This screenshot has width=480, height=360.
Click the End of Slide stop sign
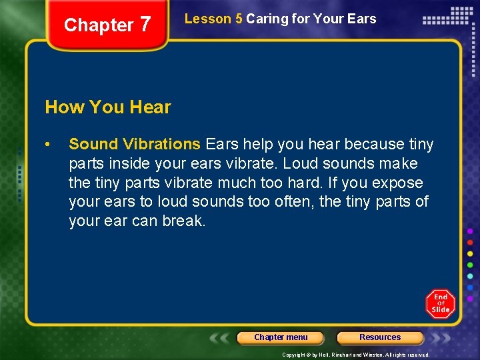pyautogui.click(x=440, y=303)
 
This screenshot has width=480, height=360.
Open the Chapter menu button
pyautogui.click(x=281, y=337)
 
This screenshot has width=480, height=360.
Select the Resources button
pyautogui.click(x=380, y=337)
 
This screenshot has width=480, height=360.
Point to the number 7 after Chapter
pyautogui.click(x=145, y=25)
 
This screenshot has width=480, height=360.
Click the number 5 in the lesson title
pyautogui.click(x=239, y=19)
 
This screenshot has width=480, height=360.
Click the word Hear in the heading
pyautogui.click(x=151, y=107)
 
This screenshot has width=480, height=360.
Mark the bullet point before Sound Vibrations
pyautogui.click(x=48, y=145)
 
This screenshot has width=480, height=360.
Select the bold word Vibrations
pyautogui.click(x=162, y=144)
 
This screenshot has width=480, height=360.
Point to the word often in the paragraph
pyautogui.click(x=292, y=201)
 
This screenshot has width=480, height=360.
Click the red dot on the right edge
pyautogui.click(x=471, y=242)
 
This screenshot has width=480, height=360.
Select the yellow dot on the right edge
pyautogui.click(x=471, y=253)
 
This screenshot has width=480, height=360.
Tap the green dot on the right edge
pyautogui.click(x=471, y=265)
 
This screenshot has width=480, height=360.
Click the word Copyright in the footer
pyautogui.click(x=297, y=355)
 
